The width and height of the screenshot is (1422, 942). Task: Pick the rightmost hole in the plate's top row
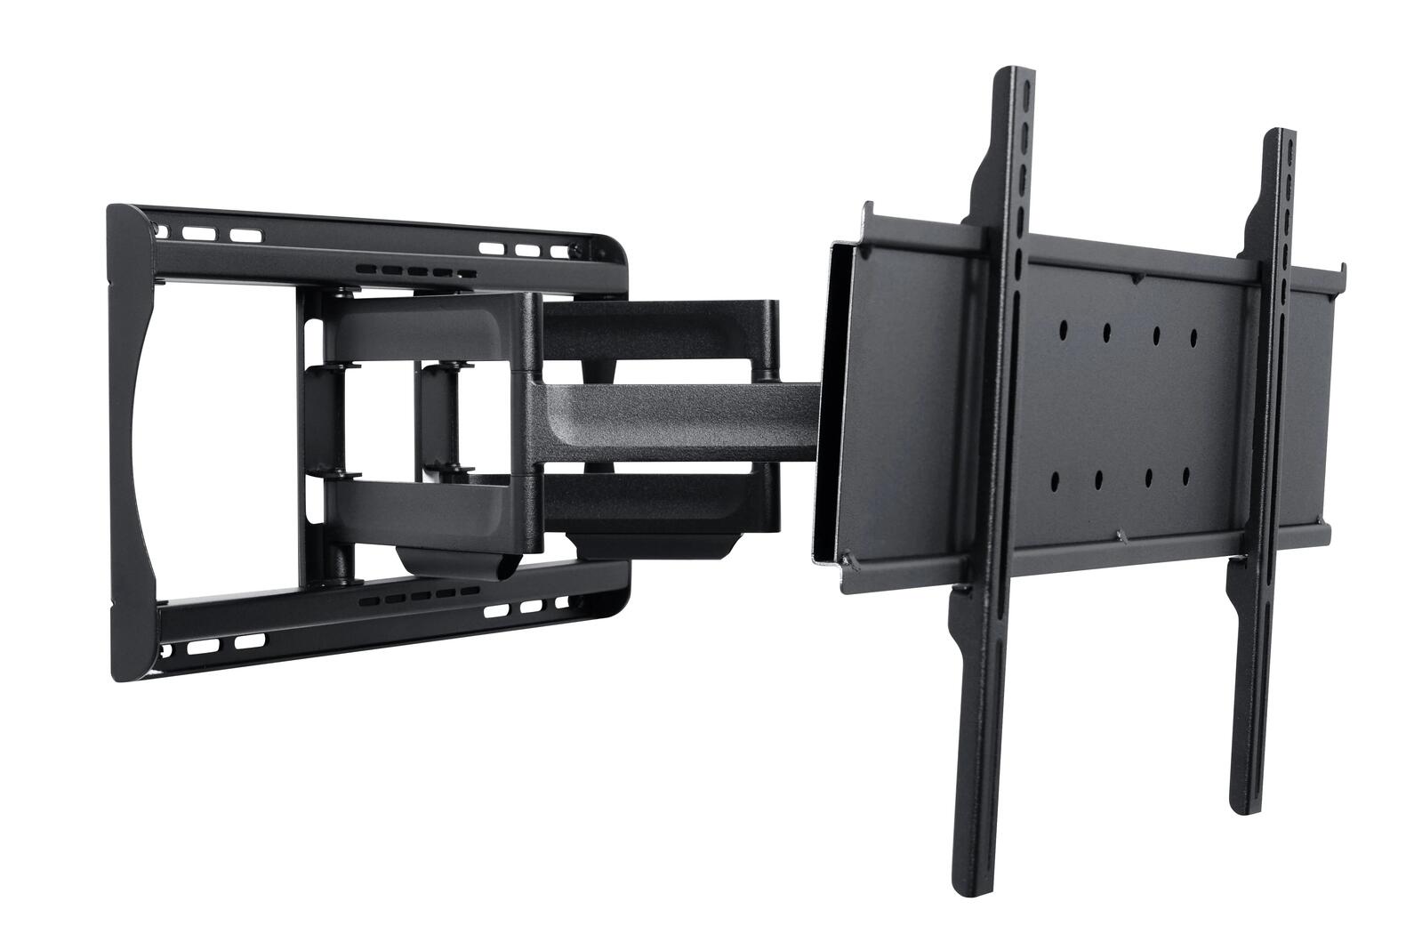click(1193, 336)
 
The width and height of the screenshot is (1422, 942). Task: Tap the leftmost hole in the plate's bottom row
click(1052, 481)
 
